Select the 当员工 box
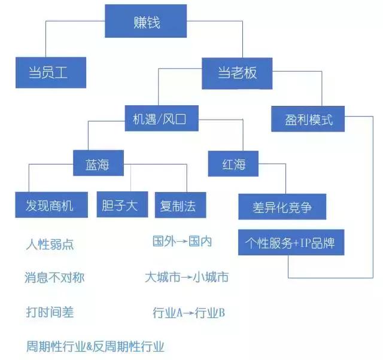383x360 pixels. pyautogui.click(x=50, y=73)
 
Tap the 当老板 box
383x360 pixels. pyautogui.click(x=238, y=73)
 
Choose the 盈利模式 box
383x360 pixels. pyautogui.click(x=309, y=120)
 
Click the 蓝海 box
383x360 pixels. pyautogui.click(x=99, y=163)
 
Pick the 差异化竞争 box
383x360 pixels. pyautogui.click(x=282, y=208)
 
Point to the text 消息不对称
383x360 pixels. pyautogui.click(x=54, y=278)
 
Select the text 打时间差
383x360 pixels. pyautogui.click(x=50, y=312)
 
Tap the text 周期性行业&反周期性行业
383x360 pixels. pyautogui.click(x=95, y=346)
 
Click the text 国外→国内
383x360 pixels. pyautogui.click(x=183, y=242)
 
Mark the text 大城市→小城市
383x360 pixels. pyautogui.click(x=186, y=277)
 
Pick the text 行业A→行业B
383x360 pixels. pyautogui.click(x=189, y=313)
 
